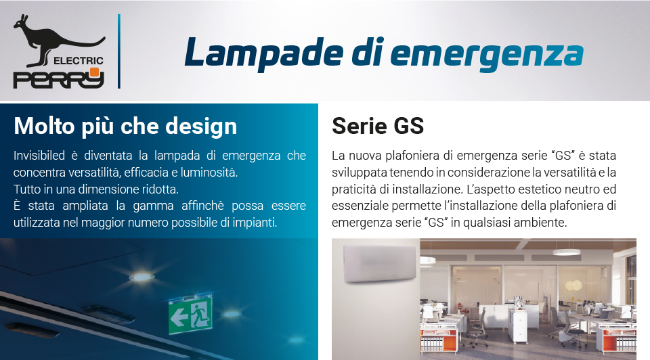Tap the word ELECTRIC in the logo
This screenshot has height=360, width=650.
click(79, 61)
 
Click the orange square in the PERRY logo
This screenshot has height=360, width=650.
click(95, 72)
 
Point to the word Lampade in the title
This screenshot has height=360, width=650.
click(264, 53)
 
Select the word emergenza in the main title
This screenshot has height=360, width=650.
click(487, 55)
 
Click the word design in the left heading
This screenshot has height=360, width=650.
click(201, 127)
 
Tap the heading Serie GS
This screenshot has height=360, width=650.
click(378, 126)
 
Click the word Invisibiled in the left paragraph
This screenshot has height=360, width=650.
click(39, 156)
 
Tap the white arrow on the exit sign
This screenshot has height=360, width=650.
click(179, 318)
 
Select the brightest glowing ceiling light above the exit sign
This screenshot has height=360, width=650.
click(142, 277)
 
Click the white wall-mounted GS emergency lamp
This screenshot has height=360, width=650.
click(379, 263)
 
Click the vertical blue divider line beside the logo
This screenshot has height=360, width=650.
click(119, 51)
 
